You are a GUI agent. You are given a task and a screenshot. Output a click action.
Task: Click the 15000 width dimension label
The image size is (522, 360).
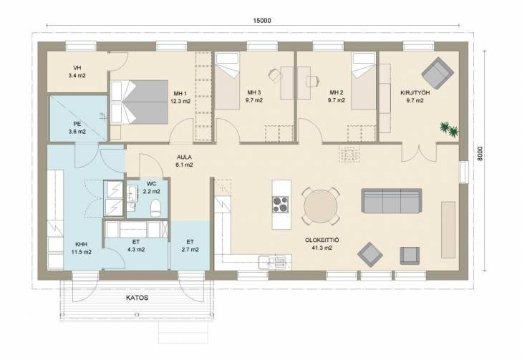(262, 21)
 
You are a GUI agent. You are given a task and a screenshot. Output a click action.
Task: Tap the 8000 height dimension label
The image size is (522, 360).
(480, 154)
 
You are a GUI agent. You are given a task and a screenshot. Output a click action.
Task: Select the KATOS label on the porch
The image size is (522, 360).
(137, 298)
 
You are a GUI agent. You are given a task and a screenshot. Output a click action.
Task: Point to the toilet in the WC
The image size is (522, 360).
(156, 208)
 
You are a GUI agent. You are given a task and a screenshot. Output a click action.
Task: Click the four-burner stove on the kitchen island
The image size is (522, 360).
(280, 204)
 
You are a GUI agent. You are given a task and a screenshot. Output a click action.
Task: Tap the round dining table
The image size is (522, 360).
(321, 206)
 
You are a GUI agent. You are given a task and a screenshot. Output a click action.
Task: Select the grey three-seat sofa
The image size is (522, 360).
(392, 200)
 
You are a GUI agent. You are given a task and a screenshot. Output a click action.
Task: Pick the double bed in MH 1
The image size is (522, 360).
(139, 102)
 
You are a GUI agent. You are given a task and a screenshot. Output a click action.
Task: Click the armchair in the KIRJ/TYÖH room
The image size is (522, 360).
(438, 73)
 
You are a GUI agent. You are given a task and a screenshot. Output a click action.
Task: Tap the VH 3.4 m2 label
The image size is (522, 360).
(77, 72)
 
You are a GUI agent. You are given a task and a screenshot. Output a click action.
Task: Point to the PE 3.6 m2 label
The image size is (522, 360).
(77, 128)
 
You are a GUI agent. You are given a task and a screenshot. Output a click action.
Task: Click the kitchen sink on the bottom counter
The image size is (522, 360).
(272, 261)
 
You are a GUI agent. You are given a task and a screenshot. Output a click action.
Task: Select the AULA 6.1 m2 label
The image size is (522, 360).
(184, 161)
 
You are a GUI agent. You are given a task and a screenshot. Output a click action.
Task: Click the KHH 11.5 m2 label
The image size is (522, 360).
(81, 248)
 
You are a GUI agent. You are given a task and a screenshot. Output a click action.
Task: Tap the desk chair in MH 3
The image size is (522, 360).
(275, 75)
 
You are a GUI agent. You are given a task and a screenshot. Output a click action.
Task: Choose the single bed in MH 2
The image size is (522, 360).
(364, 81)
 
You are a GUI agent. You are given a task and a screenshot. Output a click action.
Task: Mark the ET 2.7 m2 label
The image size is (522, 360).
(190, 245)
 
